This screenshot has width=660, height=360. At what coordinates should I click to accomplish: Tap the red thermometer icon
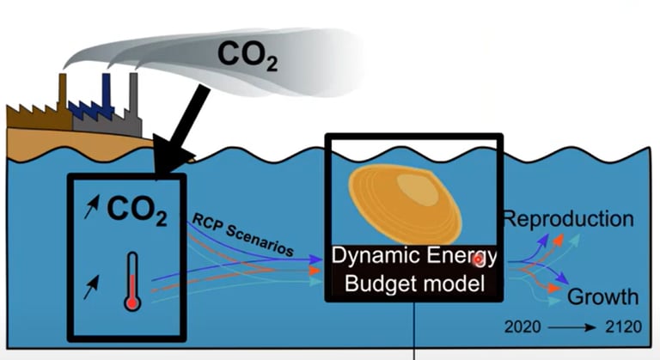coord(131,280)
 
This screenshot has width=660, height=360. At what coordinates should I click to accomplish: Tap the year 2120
coord(620,327)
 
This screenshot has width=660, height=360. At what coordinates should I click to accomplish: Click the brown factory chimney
coord(63,89)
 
